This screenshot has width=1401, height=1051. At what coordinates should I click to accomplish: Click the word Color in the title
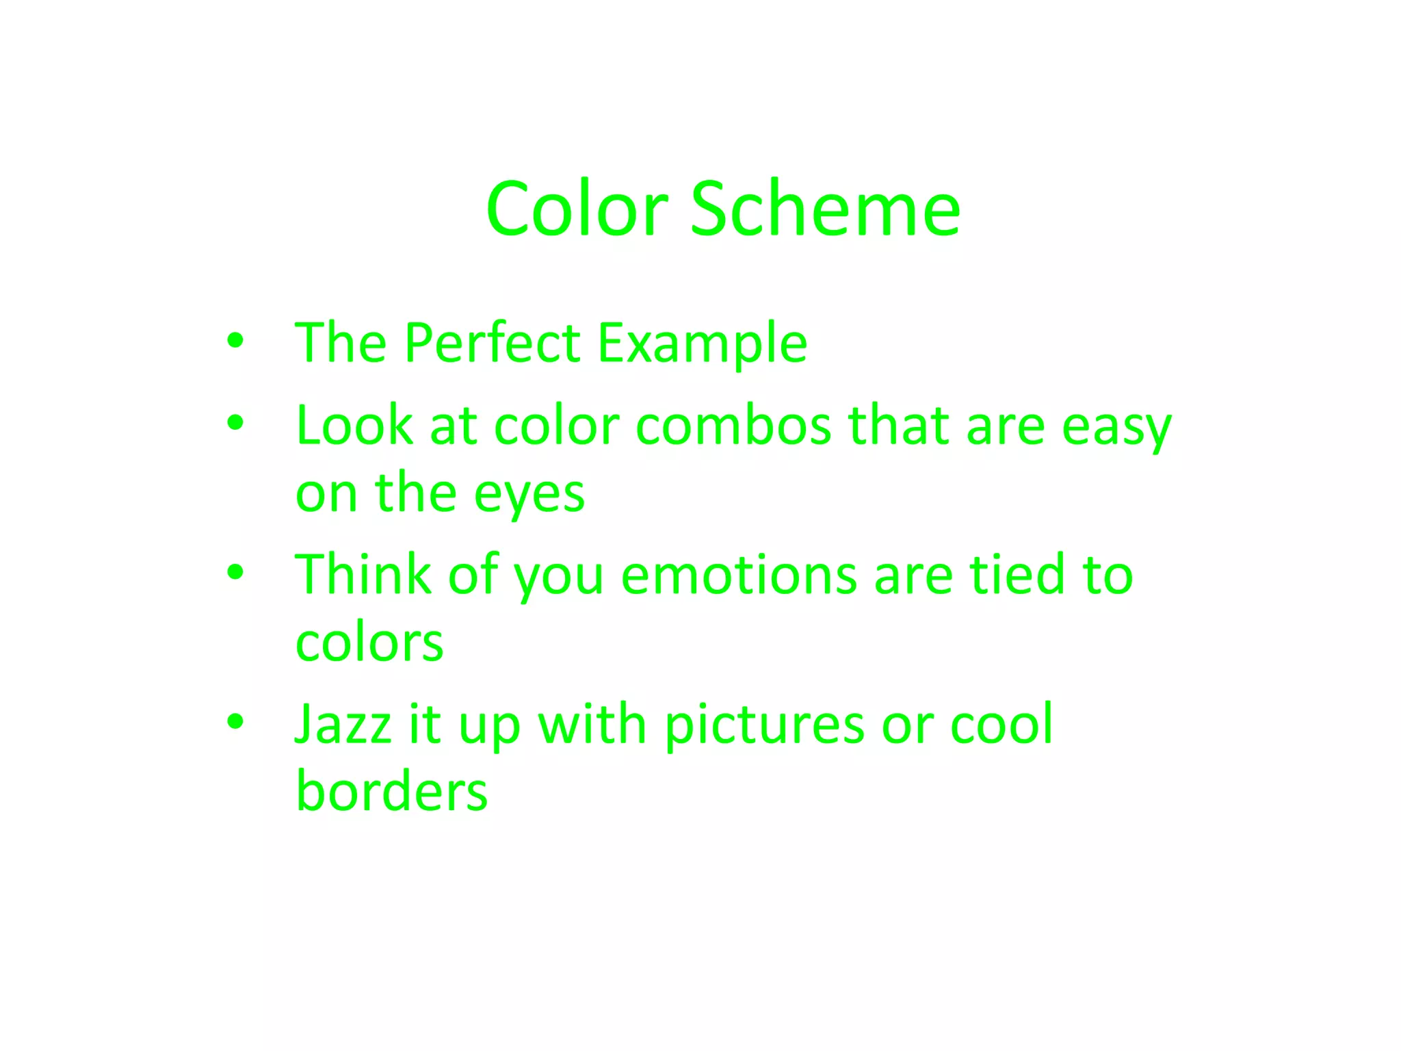[577, 209]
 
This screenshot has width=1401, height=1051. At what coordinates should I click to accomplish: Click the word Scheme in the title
[825, 209]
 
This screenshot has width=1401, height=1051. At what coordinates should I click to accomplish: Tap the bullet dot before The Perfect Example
[235, 340]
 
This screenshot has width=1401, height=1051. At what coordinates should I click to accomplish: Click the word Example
[702, 344]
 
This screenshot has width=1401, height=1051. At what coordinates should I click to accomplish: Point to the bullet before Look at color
[235, 423]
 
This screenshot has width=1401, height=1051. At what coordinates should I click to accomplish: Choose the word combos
[733, 426]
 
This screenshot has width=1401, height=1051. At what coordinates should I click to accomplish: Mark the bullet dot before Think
[235, 572]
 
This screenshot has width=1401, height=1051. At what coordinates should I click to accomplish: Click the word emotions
[738, 575]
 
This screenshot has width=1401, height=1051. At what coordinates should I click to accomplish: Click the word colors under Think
[369, 643]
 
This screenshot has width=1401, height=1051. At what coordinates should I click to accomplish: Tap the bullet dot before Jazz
[235, 721]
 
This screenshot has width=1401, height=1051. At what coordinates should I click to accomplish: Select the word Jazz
[343, 724]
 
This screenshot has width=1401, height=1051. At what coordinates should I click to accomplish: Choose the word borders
[391, 791]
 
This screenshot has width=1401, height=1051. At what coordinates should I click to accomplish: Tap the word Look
[354, 426]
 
